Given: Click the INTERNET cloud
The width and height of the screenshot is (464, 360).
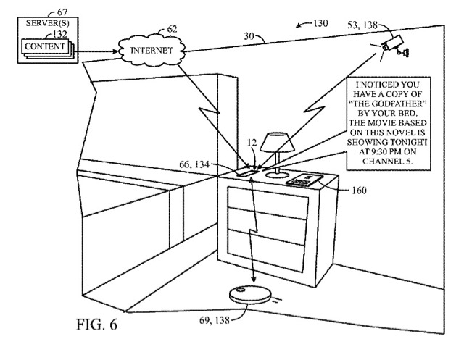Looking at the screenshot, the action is coord(152,50).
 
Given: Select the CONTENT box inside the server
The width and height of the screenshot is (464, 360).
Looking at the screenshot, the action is coord(45,46).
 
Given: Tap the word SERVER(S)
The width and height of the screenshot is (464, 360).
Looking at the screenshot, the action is coord(47,23).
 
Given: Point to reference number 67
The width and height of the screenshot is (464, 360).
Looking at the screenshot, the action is coord(62,12).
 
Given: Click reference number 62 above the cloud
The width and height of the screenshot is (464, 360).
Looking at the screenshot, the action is coord(172,29).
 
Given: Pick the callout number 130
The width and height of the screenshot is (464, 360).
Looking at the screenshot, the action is coord(320,23).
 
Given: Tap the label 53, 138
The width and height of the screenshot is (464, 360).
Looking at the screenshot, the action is coord(362,25).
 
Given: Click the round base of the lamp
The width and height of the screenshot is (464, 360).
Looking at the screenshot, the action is coord(277,175).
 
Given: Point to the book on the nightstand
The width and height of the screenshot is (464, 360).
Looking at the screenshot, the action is coord(304,180).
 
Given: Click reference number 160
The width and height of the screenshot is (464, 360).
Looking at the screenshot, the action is coord(359,191).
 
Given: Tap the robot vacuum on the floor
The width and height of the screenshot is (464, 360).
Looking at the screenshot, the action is coord(250,293).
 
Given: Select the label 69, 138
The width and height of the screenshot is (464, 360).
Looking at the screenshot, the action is coord(215,320).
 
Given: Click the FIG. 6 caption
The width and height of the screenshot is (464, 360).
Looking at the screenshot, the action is coord(96,325).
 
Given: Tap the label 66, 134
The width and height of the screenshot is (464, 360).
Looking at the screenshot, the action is coord(194,164).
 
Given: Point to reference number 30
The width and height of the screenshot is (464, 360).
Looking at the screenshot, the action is coord(249,36).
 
